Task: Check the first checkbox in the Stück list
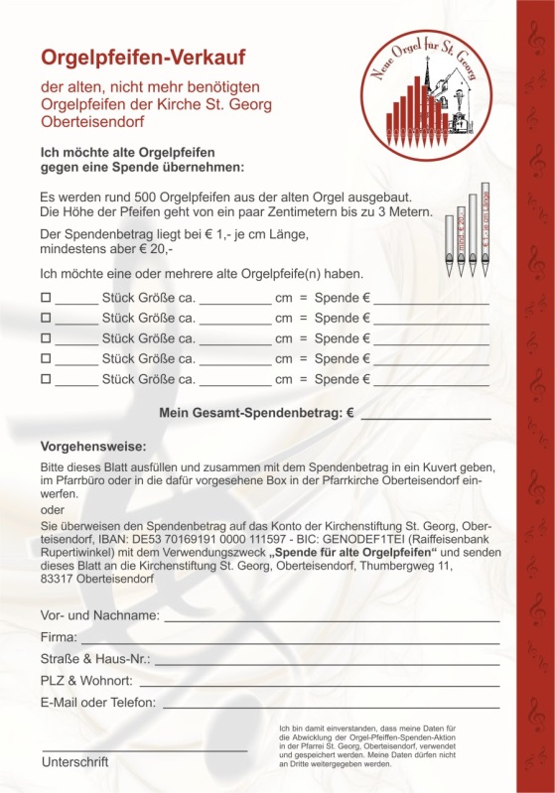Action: coord(45,297)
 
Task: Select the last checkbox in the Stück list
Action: coord(45,379)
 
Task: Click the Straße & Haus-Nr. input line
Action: coord(327,660)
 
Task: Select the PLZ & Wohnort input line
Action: coord(318,682)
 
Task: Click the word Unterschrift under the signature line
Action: coord(75,762)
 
